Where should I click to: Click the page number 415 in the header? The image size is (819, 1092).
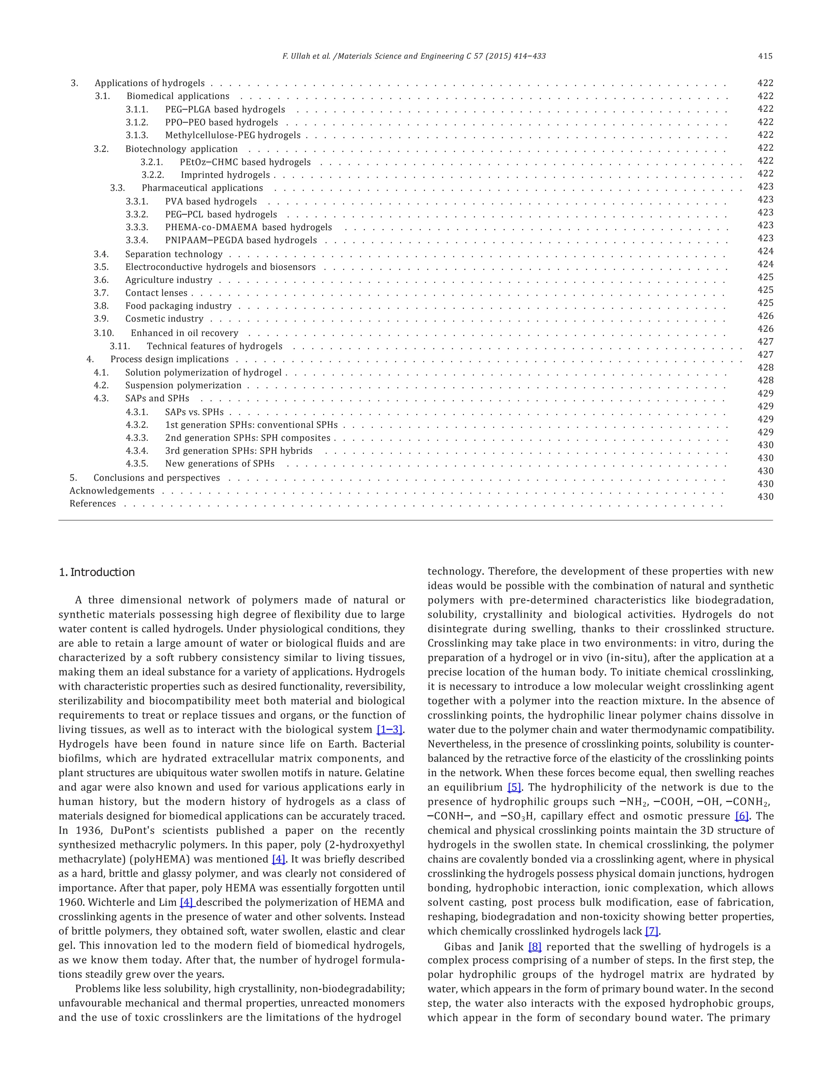tap(765, 56)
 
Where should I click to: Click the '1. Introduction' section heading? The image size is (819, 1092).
tap(96, 572)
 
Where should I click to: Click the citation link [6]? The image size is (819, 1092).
tap(741, 816)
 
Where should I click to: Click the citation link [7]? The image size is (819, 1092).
tap(652, 931)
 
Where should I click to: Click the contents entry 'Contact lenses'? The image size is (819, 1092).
tap(156, 293)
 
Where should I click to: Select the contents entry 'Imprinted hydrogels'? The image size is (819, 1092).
tap(225, 175)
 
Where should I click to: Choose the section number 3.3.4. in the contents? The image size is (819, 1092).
tap(137, 241)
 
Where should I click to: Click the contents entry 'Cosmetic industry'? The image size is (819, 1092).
tap(164, 319)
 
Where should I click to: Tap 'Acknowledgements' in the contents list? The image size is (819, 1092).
tap(112, 491)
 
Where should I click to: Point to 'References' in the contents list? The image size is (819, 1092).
tap(92, 503)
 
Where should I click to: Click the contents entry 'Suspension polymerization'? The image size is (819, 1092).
tap(183, 386)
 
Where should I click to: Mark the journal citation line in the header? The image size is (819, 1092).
tap(414, 56)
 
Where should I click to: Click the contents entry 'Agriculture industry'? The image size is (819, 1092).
tap(168, 280)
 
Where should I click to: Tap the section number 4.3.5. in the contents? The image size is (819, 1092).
tap(137, 463)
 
